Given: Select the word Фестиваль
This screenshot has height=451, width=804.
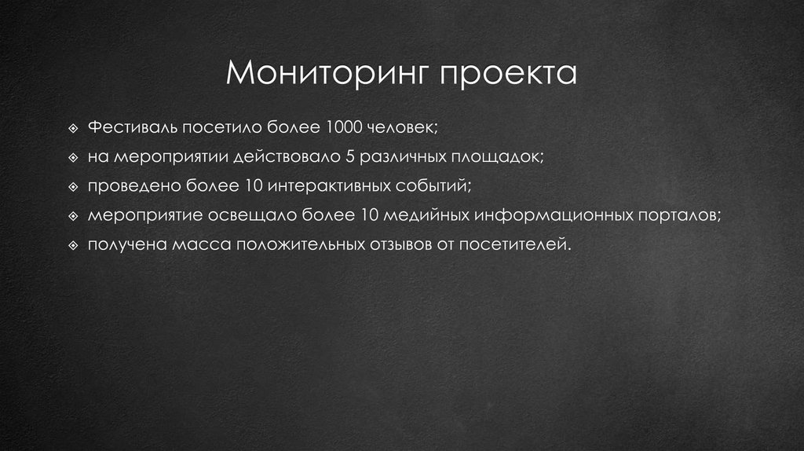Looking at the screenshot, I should (x=134, y=126).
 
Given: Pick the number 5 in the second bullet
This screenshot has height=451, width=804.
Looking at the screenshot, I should (x=349, y=156).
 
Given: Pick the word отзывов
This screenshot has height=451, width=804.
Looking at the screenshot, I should (x=398, y=244).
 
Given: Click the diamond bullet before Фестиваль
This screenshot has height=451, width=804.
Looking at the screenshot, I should (x=73, y=127).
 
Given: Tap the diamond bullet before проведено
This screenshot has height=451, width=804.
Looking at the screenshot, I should (x=73, y=186).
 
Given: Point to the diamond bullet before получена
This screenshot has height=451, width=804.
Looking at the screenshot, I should (x=73, y=245).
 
